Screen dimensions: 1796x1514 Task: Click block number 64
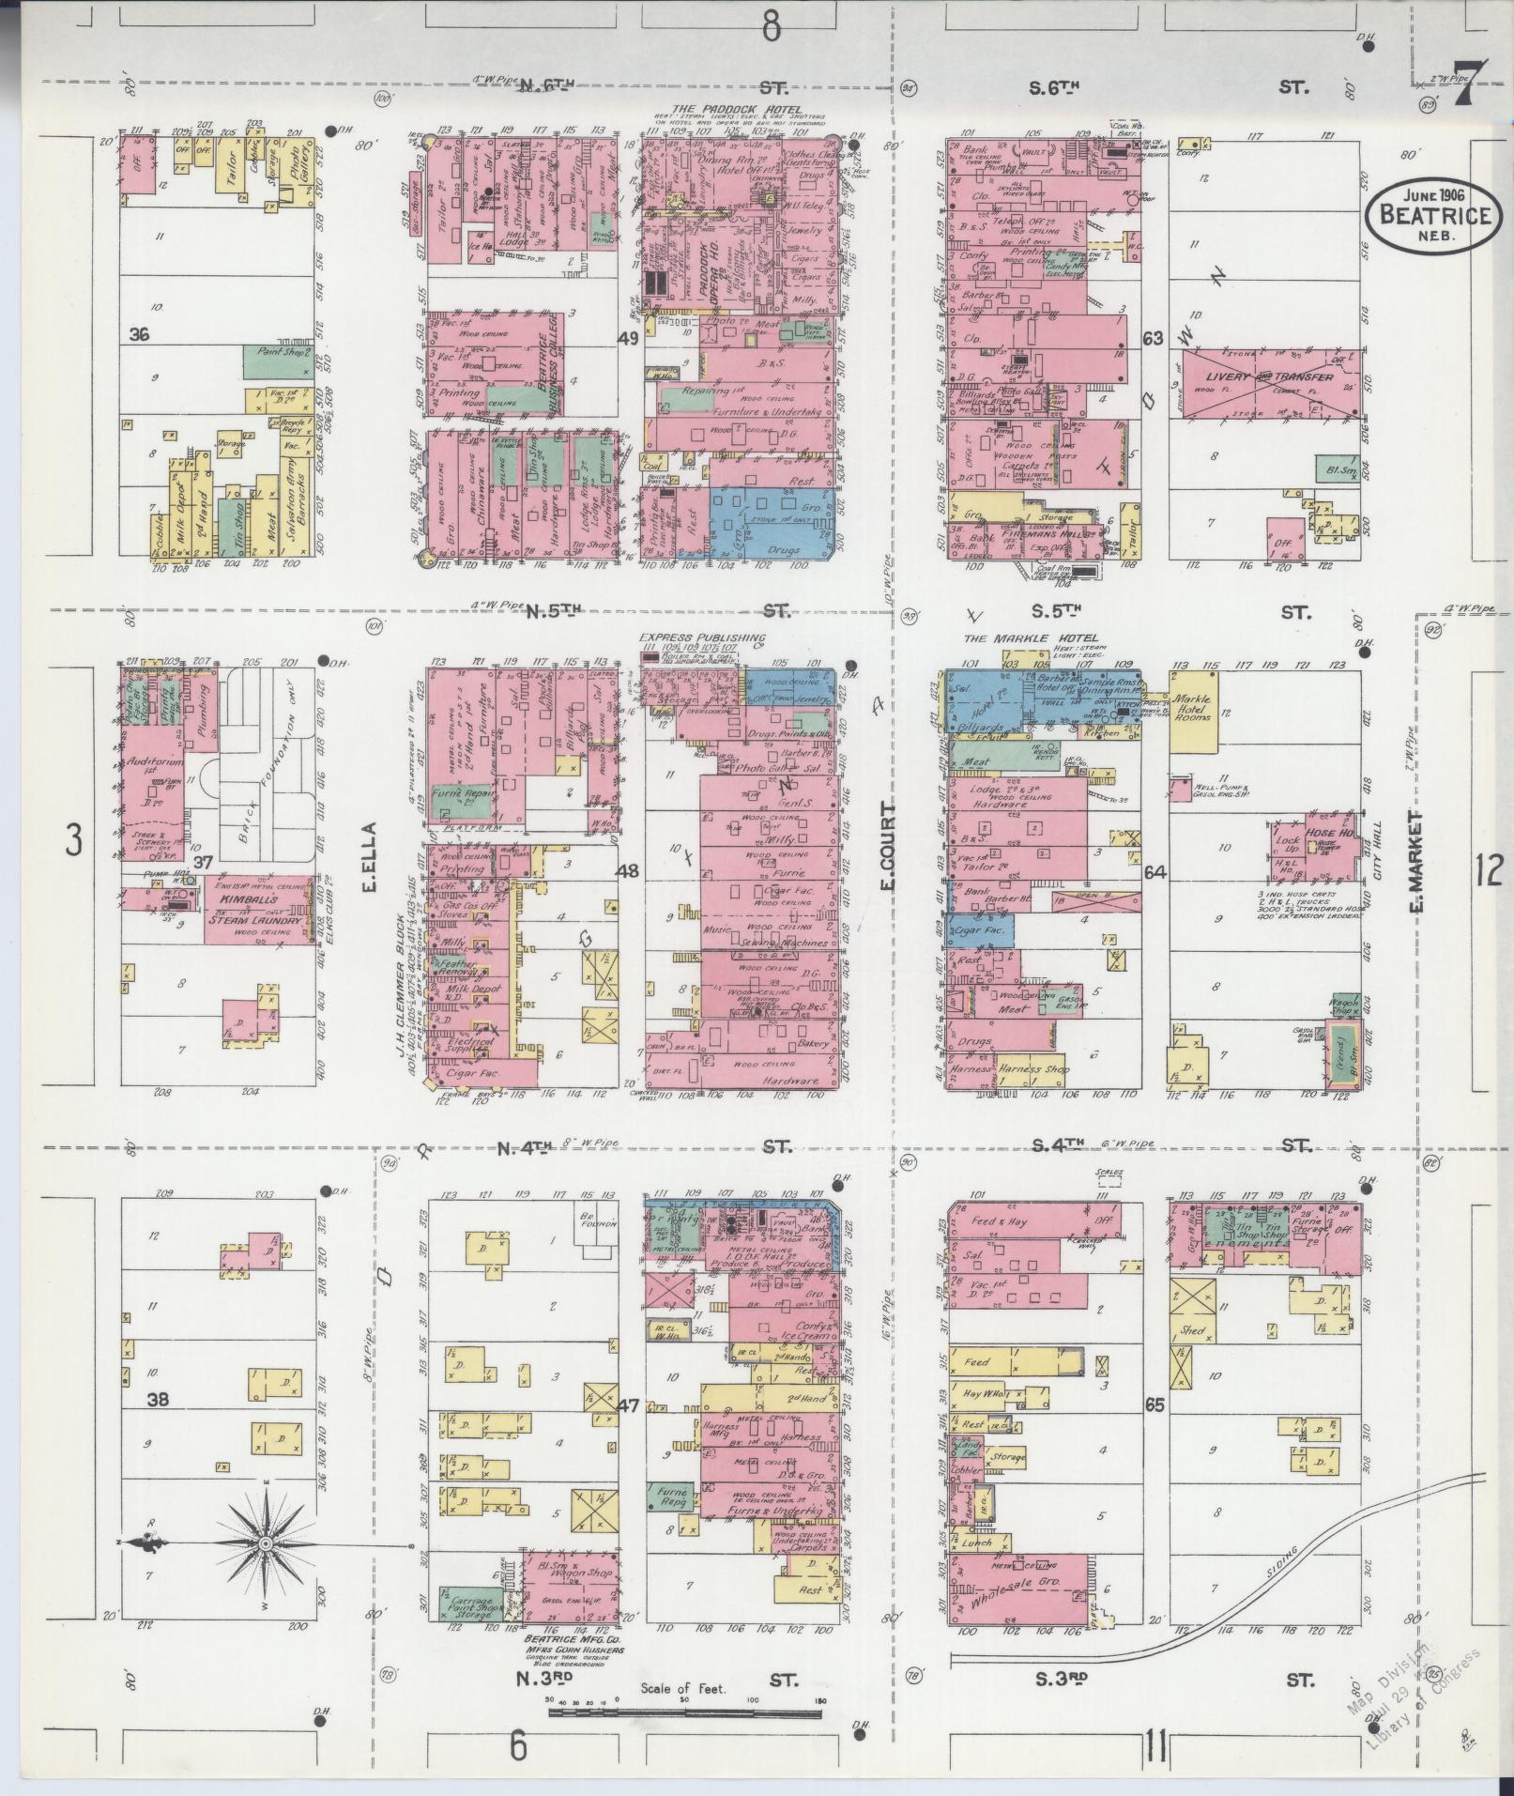point(1155,872)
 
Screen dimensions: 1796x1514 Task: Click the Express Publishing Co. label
point(702,637)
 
